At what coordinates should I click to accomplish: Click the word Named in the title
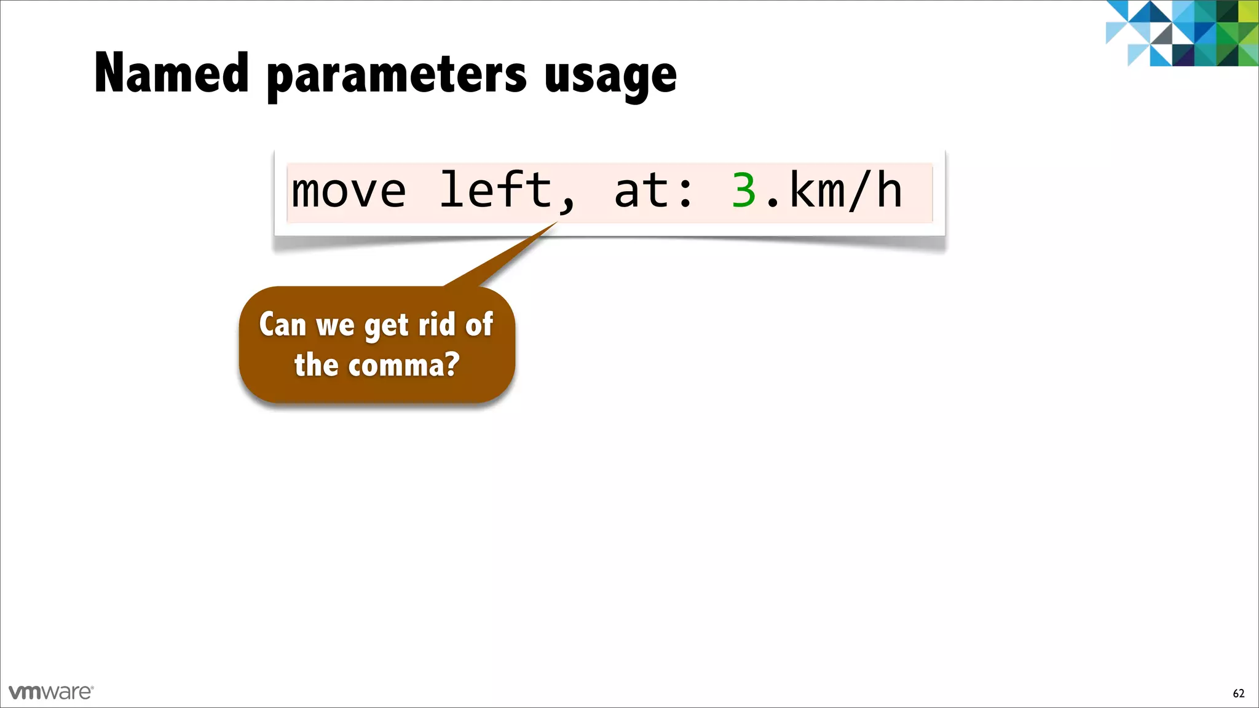coord(172,73)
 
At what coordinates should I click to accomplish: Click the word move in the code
coord(349,191)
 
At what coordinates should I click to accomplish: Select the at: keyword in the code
coord(653,191)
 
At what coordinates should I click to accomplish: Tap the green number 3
coord(744,191)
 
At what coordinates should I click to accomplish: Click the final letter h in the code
coord(889,191)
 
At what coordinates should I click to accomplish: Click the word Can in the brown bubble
coord(282,324)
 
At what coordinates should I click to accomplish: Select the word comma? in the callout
coord(404,365)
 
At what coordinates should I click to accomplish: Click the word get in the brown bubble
coord(386,325)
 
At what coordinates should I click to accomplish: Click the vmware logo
coord(51,692)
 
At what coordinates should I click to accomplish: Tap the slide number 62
coord(1238,693)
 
